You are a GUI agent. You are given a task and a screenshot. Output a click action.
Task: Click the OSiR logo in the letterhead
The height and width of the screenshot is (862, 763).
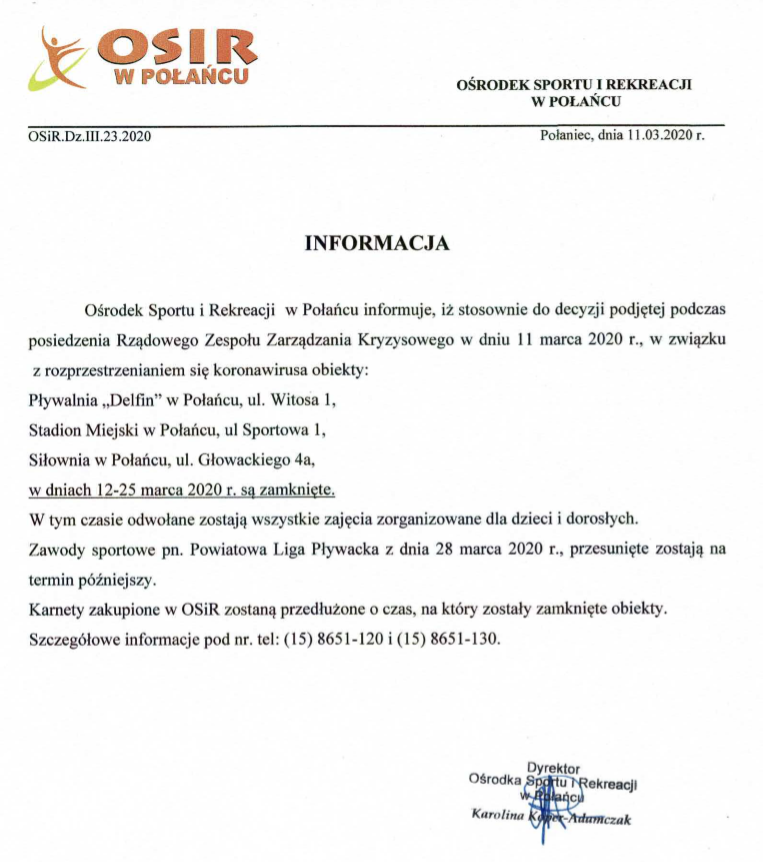tap(140, 57)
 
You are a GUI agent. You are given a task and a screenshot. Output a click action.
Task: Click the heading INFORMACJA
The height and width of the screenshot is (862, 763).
tap(377, 242)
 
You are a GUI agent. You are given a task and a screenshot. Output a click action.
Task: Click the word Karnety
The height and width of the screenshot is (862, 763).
tap(59, 608)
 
